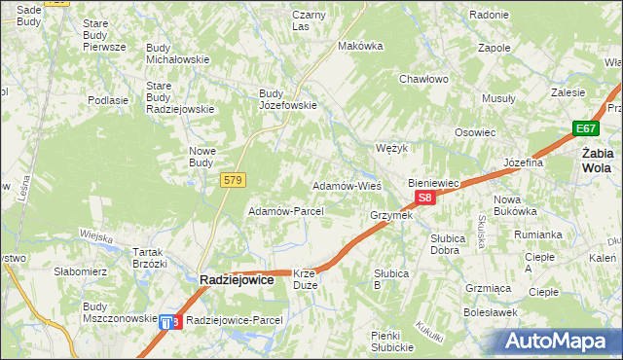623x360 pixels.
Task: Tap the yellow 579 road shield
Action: point(233,180)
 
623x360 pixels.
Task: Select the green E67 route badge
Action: point(585,128)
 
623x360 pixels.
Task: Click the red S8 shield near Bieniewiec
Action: point(424,198)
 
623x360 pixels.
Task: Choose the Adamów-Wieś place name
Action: point(346,185)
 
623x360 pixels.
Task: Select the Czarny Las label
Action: point(309,20)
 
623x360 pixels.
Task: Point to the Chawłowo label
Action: point(422,79)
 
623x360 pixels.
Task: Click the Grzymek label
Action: point(391,215)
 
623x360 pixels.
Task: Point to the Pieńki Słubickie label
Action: point(394,342)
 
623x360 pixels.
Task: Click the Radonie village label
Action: point(489,15)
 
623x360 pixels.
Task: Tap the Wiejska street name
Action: point(97,235)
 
